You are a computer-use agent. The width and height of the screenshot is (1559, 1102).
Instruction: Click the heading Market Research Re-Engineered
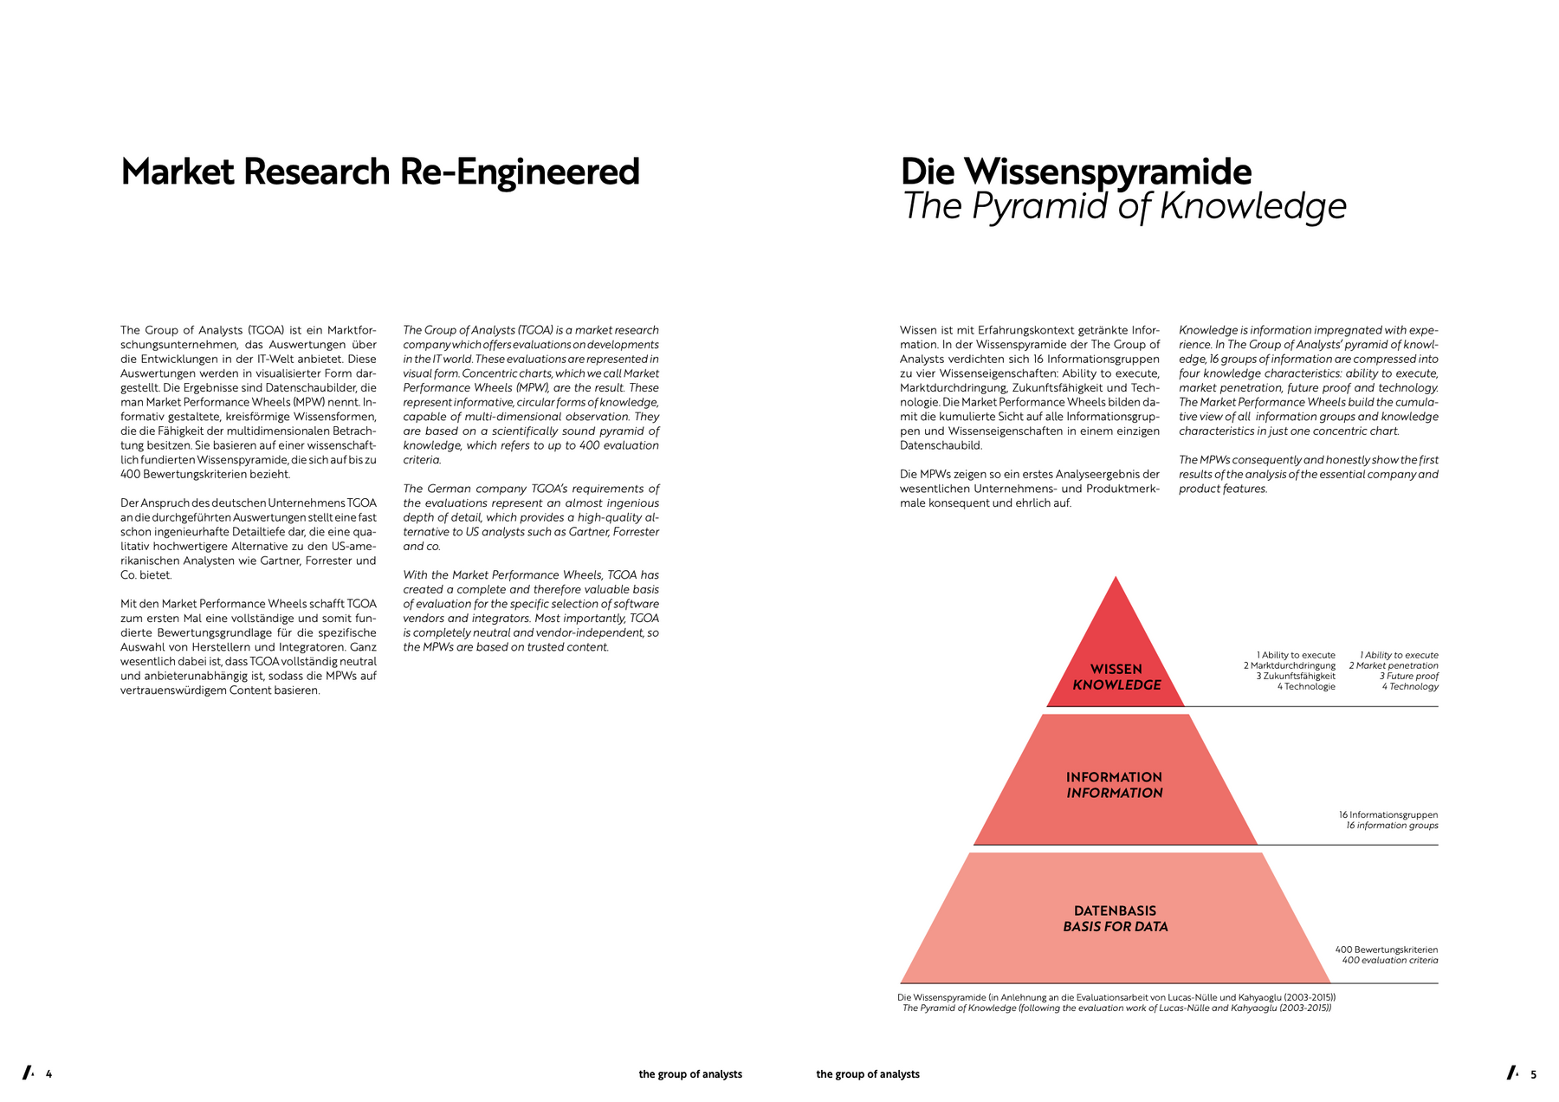(x=380, y=172)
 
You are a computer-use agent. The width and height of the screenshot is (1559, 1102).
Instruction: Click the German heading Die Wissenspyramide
(x=1076, y=172)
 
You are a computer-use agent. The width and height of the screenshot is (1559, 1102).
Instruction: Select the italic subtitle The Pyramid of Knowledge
(x=1124, y=207)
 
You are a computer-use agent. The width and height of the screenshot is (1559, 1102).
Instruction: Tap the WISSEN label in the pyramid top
(x=1116, y=669)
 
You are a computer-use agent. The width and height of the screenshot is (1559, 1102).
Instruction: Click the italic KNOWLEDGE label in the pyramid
(x=1116, y=684)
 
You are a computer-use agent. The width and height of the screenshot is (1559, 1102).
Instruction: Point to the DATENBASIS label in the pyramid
(x=1116, y=911)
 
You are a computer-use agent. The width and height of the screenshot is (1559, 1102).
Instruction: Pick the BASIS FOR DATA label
(x=1116, y=926)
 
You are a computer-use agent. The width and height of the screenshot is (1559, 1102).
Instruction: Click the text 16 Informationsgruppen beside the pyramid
(x=1388, y=814)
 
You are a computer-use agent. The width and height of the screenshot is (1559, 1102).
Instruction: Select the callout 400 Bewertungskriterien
(x=1387, y=950)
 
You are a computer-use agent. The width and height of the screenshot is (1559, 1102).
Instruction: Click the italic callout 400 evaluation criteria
(x=1390, y=960)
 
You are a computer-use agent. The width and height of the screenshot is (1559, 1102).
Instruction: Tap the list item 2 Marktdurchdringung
(x=1290, y=665)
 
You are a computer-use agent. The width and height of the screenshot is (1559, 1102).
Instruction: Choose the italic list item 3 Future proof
(x=1409, y=676)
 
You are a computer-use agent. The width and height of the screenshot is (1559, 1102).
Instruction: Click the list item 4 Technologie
(x=1306, y=686)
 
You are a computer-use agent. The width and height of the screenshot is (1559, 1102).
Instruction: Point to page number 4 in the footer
(x=49, y=1074)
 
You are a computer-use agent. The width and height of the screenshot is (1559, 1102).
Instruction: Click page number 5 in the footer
(x=1533, y=1074)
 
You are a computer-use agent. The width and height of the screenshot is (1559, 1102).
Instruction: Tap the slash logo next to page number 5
(x=1513, y=1073)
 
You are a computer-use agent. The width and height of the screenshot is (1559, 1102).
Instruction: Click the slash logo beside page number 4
(x=29, y=1073)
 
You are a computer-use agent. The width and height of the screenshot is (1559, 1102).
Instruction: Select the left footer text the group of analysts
(x=690, y=1074)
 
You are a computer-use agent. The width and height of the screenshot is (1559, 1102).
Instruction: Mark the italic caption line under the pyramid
(x=1116, y=1008)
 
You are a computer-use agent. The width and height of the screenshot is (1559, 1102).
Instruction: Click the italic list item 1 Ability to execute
(x=1399, y=655)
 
